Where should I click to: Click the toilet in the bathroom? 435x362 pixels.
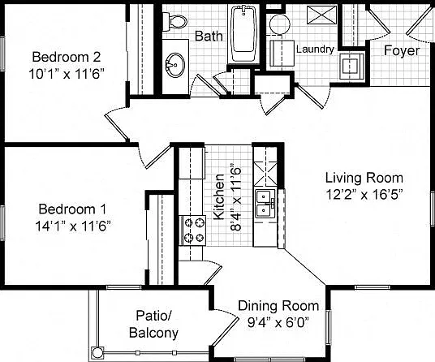(x=174, y=22)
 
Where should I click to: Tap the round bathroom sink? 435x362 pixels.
(x=175, y=65)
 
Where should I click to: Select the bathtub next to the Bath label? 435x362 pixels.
(x=243, y=32)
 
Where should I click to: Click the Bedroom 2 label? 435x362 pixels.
(x=67, y=57)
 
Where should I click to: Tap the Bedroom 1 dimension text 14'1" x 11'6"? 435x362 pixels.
(x=73, y=226)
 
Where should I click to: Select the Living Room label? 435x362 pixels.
(x=364, y=178)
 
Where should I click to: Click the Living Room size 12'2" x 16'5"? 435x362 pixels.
(x=364, y=195)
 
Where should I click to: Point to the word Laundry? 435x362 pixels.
(x=315, y=49)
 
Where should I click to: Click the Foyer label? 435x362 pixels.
(x=402, y=51)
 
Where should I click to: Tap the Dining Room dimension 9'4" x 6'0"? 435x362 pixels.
(x=278, y=322)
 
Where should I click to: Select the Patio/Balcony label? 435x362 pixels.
(x=153, y=325)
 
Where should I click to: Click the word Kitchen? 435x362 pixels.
(x=219, y=197)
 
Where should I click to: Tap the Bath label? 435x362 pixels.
(x=209, y=37)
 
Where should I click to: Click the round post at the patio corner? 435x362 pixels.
(x=97, y=353)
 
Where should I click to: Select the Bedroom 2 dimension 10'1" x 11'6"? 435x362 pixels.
(x=67, y=74)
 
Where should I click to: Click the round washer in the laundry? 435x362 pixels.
(x=280, y=24)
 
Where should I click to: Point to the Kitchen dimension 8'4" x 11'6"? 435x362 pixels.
(x=235, y=199)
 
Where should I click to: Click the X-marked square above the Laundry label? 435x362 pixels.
(x=321, y=15)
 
